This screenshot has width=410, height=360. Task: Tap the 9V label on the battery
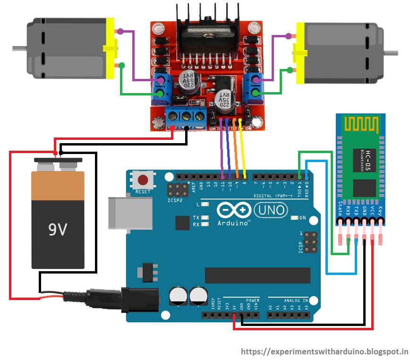58,230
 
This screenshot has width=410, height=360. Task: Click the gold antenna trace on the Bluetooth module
361,125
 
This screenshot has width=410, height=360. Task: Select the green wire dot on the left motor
121,65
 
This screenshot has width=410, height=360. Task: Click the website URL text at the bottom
325,351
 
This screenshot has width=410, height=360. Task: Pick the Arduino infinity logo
233,209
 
